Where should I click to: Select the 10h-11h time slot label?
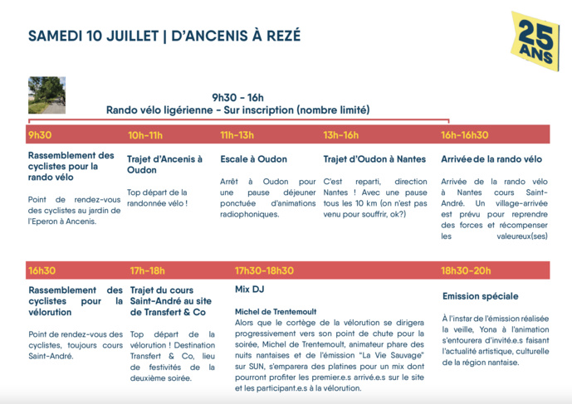click(x=145, y=135)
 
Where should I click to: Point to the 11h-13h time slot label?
click(x=237, y=135)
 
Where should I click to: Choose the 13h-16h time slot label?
click(x=340, y=135)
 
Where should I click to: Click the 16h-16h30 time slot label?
click(x=465, y=135)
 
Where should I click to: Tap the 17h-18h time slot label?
click(x=148, y=270)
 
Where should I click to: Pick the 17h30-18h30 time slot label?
click(x=264, y=270)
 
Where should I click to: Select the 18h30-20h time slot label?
click(x=467, y=270)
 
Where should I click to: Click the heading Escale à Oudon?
click(x=253, y=159)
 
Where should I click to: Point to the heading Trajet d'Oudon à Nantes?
click(x=374, y=159)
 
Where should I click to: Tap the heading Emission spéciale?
click(x=481, y=296)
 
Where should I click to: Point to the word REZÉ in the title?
click(x=282, y=36)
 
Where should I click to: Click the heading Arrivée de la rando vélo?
click(x=491, y=159)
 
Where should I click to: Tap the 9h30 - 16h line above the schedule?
click(x=237, y=97)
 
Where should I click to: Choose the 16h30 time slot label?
click(x=42, y=270)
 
